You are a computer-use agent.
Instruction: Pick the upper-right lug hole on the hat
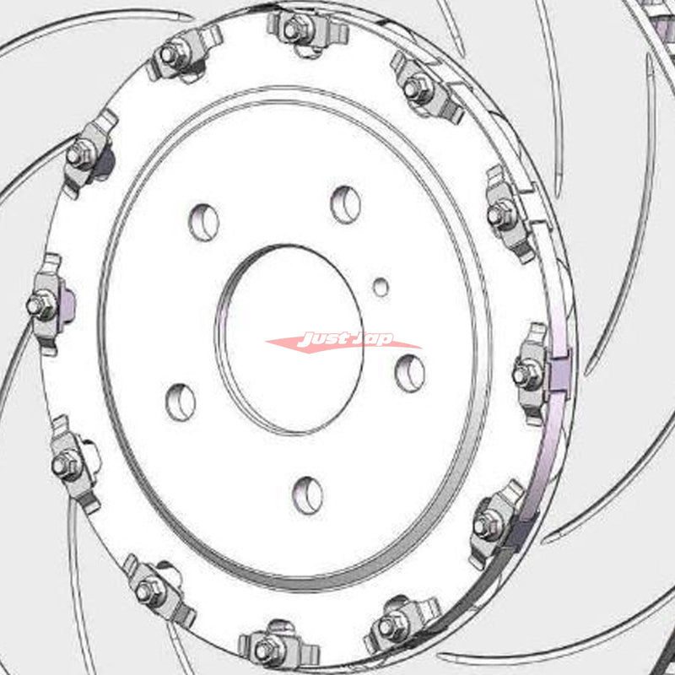click(x=346, y=204)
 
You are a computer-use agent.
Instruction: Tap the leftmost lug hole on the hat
click(x=181, y=402)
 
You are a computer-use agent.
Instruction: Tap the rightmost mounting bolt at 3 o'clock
click(x=527, y=374)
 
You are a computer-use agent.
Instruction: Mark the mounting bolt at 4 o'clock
click(x=485, y=526)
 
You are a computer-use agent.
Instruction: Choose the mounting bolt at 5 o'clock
click(x=389, y=626)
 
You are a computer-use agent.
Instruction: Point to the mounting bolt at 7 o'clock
click(x=151, y=589)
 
